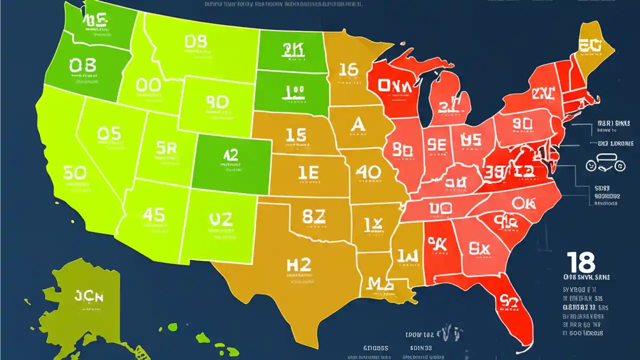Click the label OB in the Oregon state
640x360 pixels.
click(83, 65)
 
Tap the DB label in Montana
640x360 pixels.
click(195, 41)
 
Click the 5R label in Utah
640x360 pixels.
click(166, 147)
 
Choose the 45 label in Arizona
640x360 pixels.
click(153, 215)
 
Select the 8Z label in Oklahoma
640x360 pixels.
click(314, 216)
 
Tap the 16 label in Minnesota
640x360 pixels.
click(348, 70)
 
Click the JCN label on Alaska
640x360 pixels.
click(88, 296)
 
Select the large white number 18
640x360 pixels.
click(581, 262)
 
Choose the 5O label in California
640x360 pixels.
click(74, 173)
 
